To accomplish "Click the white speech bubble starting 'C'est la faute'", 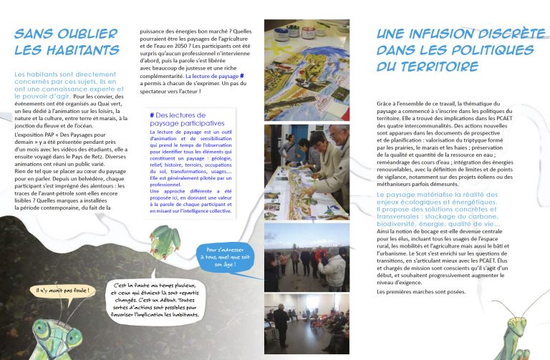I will (x=156, y=300).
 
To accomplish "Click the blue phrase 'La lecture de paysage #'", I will (x=216, y=75).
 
